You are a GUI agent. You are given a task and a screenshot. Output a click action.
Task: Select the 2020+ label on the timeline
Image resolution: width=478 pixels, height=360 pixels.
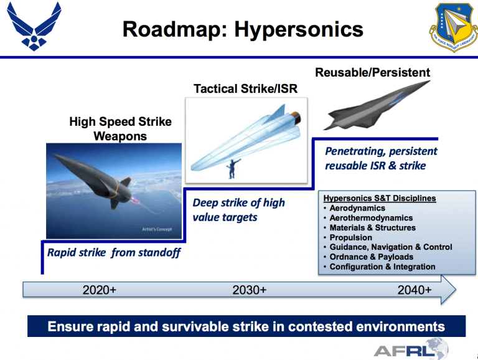(x=100, y=290)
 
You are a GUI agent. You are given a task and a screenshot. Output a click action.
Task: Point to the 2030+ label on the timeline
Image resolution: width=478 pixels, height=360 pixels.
(x=250, y=290)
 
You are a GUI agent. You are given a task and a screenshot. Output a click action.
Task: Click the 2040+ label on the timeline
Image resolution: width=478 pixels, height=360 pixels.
(x=415, y=290)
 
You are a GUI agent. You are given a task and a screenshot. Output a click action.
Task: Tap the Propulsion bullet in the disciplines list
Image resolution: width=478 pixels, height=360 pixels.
(x=350, y=237)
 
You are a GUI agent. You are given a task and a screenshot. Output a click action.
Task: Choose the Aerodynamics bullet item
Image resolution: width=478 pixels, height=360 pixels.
(x=357, y=208)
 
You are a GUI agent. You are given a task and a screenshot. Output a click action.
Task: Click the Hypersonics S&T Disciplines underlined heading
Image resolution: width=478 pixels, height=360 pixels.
(x=380, y=198)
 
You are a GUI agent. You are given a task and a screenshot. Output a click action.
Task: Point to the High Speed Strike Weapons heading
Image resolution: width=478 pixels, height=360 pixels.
(x=120, y=128)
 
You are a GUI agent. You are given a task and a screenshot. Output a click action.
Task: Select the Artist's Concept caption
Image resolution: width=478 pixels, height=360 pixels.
(x=158, y=229)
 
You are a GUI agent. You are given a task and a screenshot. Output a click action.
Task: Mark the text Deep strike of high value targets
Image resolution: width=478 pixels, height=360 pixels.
(x=238, y=210)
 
